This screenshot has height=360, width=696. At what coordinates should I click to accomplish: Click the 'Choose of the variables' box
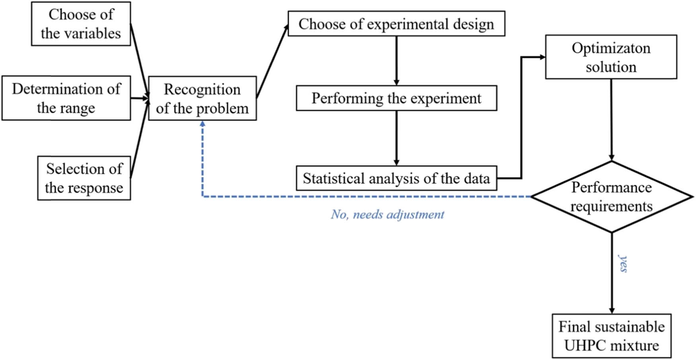point(81,24)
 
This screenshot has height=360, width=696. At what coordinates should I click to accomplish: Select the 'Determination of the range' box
point(66,98)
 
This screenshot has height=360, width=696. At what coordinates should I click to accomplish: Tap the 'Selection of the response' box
point(84,178)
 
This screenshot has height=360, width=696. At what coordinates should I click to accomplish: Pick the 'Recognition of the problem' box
point(202,99)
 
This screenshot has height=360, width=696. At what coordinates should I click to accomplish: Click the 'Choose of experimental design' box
point(396,24)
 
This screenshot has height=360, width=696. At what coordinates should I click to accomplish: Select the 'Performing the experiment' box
point(396,98)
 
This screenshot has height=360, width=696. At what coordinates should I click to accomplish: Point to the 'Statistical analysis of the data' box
point(396,178)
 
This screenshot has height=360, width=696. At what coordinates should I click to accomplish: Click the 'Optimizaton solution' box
point(611,57)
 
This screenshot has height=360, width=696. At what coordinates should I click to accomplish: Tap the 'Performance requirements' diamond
point(611,197)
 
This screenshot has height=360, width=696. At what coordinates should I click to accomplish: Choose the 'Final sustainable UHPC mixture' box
point(611,336)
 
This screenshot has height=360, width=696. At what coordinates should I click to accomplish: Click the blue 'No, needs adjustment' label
point(387,215)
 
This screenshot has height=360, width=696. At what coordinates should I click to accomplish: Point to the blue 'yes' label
point(623,263)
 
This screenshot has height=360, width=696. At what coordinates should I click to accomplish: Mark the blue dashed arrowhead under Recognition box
point(202,125)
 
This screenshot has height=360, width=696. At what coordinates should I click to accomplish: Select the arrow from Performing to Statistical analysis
point(396,138)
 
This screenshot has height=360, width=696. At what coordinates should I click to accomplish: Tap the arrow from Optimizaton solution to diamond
point(611,119)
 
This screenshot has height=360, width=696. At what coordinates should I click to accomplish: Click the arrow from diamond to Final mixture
point(612,274)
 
